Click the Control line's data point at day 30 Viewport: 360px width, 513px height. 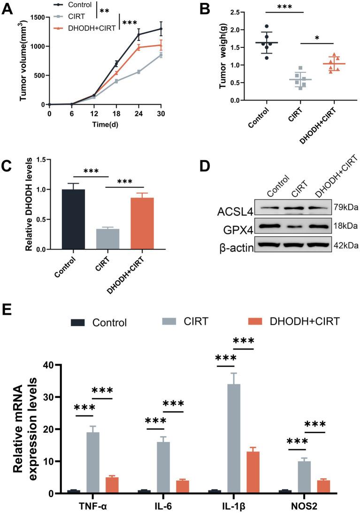(161, 29)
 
